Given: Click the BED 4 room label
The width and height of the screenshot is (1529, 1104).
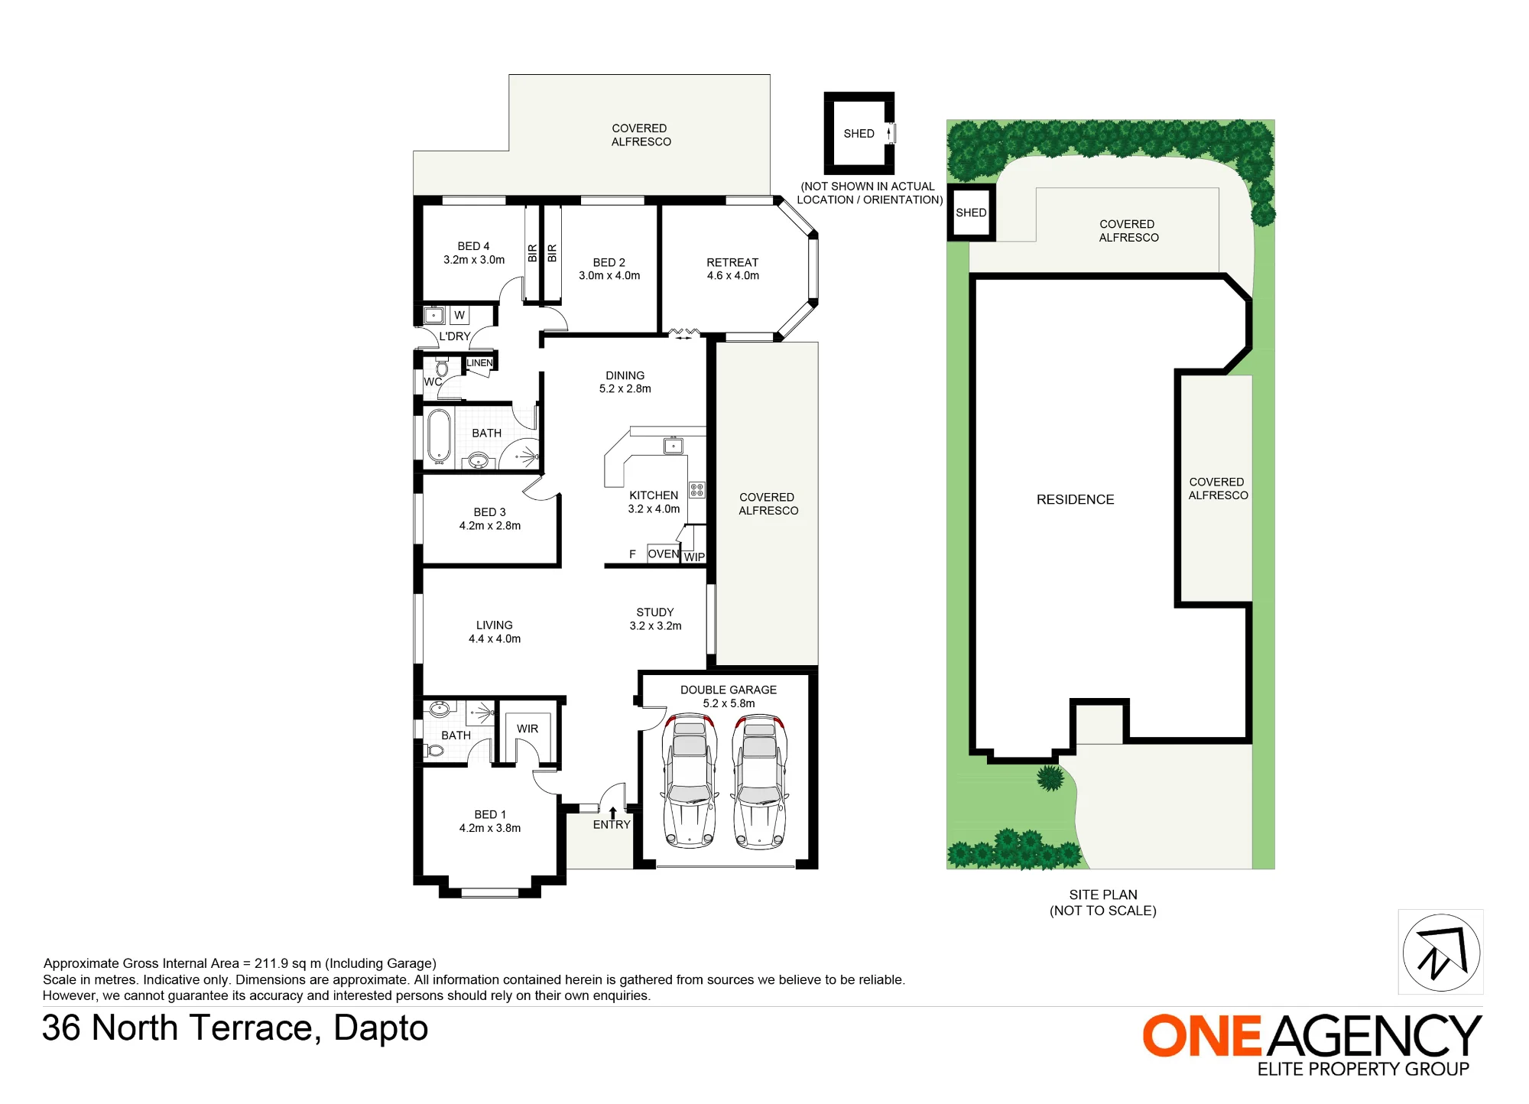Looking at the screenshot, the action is [x=474, y=253].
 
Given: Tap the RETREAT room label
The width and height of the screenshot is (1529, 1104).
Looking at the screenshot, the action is [x=732, y=269].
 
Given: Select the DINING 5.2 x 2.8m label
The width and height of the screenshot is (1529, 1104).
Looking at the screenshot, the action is [x=625, y=382].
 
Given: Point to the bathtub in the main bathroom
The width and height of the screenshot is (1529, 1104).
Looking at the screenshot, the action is [x=439, y=437].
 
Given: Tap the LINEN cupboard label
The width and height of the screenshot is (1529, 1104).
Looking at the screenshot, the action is [x=479, y=363].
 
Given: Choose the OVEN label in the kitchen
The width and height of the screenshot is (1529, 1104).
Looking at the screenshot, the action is [x=663, y=554].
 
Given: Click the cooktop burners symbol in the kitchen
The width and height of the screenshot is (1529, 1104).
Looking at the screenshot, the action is [x=696, y=490].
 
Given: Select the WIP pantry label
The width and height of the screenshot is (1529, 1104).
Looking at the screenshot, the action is [x=694, y=557].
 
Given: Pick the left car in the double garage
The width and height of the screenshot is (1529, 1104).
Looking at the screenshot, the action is [x=690, y=781].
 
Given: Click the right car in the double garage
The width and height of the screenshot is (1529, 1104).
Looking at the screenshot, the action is [x=760, y=781].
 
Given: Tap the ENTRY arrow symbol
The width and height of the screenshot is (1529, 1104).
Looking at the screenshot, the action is [x=612, y=813].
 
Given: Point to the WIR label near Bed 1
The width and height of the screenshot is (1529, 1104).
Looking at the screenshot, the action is [x=528, y=729].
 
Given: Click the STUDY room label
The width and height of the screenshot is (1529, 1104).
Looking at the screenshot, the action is [x=655, y=619].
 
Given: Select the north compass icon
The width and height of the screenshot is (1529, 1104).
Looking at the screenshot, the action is [x=1441, y=953].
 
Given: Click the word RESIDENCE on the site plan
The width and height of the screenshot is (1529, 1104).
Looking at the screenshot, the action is [x=1075, y=499].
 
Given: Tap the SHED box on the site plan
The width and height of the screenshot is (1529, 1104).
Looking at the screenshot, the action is [x=971, y=213].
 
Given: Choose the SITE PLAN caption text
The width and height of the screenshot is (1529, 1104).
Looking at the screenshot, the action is [x=1103, y=902].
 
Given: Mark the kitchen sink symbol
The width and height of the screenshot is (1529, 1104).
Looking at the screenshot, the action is [x=674, y=446].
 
